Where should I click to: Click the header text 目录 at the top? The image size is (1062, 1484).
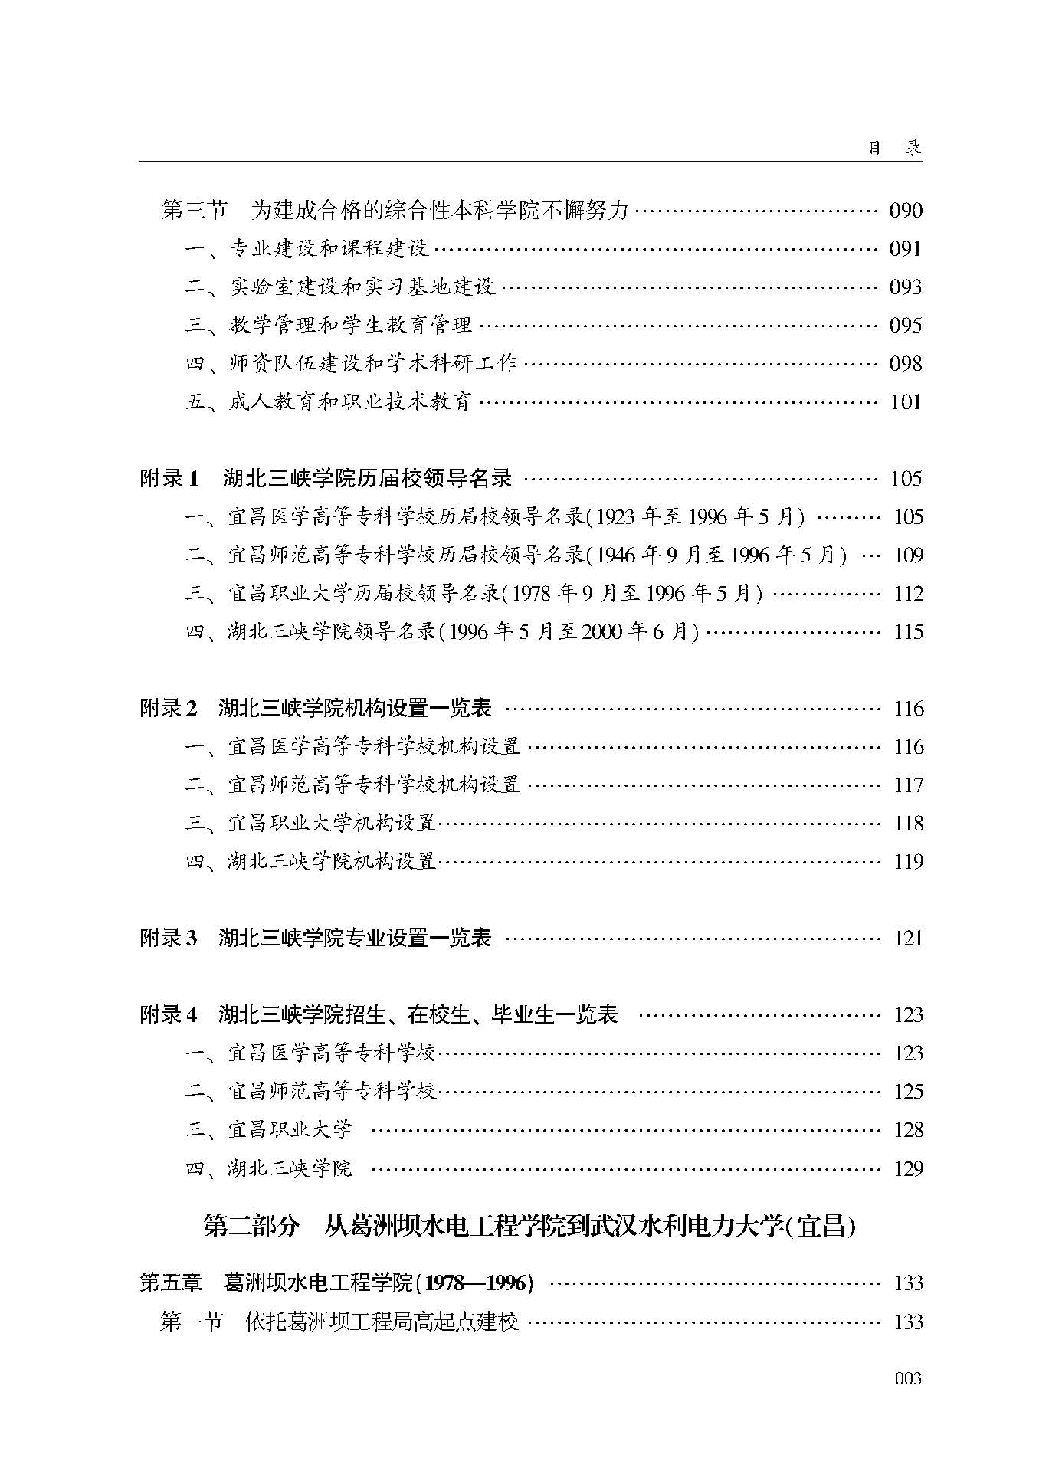pyautogui.click(x=894, y=148)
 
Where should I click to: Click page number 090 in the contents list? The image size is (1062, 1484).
pyautogui.click(x=906, y=210)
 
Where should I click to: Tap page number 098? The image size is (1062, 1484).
pyautogui.click(x=906, y=363)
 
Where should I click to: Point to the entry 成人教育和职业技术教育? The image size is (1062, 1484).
pyautogui.click(x=349, y=401)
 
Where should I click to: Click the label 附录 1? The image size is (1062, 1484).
pyautogui.click(x=169, y=479)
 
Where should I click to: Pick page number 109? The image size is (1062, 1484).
pyautogui.click(x=908, y=555)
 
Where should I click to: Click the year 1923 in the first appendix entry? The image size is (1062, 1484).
pyautogui.click(x=615, y=517)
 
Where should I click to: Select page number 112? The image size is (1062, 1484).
pyautogui.click(x=908, y=593)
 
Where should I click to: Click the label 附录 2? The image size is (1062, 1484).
pyautogui.click(x=169, y=708)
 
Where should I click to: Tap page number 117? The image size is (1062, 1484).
pyautogui.click(x=908, y=785)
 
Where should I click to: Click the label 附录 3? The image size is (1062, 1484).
pyautogui.click(x=169, y=938)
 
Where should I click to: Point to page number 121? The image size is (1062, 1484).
pyautogui.click(x=908, y=938)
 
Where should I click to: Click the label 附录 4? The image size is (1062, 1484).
pyautogui.click(x=169, y=1014)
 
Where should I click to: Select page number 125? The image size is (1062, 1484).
pyautogui.click(x=908, y=1091)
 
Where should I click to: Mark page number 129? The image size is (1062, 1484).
pyautogui.click(x=908, y=1168)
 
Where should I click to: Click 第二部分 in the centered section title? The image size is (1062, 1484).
pyautogui.click(x=251, y=1226)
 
